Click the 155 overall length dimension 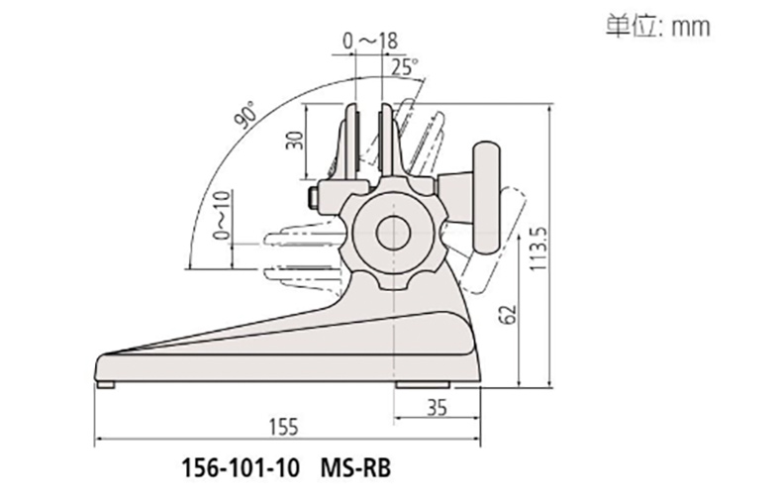(284, 428)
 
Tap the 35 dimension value (437, 408)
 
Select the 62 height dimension (508, 314)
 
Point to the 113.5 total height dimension (539, 249)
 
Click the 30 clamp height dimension (295, 141)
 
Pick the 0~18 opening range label (370, 42)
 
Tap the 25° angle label (405, 67)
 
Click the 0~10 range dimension (223, 215)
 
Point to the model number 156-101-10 (241, 468)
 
